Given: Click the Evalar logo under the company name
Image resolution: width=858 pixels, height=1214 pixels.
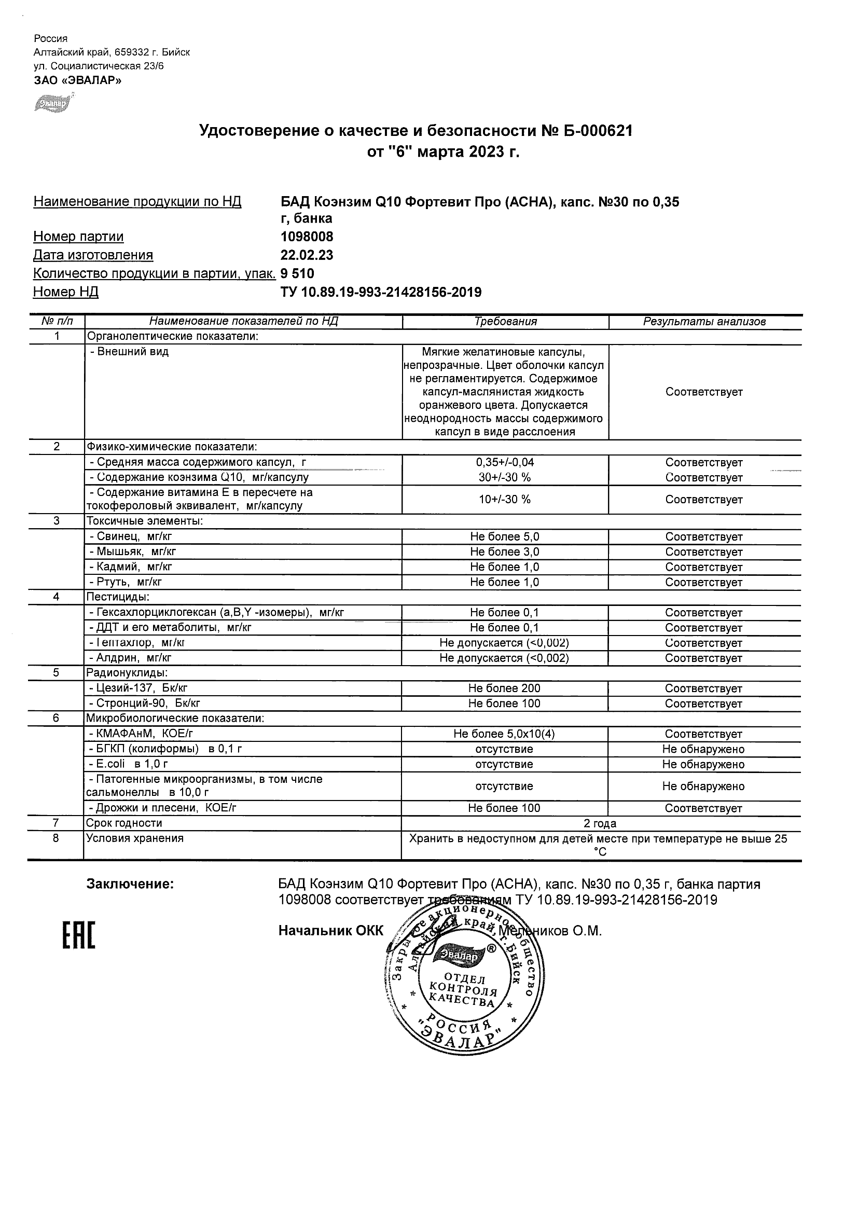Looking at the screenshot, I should (52, 103).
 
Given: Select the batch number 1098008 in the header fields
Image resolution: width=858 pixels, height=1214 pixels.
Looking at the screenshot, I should (307, 237).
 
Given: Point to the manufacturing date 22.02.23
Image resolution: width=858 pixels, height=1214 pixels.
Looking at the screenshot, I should (307, 255).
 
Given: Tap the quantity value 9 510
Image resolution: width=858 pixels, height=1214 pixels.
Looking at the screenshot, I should (297, 273).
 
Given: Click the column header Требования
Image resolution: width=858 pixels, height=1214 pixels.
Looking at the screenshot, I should (505, 322).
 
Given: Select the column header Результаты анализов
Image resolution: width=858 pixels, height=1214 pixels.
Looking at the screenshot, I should (704, 322).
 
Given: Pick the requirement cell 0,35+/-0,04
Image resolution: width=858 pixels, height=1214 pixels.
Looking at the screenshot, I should (505, 462).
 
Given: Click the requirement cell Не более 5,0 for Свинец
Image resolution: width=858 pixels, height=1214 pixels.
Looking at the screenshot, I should (505, 536).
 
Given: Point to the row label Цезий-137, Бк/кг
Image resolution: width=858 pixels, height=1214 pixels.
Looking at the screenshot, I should (138, 688).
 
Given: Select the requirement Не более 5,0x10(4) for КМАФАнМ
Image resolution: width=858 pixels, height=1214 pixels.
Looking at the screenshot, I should (504, 734).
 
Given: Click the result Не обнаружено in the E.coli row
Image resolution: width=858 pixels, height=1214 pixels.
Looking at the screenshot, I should (703, 764).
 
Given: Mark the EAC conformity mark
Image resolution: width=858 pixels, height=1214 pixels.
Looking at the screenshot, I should (79, 935).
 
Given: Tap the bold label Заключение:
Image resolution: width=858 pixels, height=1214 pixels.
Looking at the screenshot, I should (130, 884).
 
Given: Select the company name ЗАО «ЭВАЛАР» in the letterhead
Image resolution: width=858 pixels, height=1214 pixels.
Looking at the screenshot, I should (77, 80).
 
